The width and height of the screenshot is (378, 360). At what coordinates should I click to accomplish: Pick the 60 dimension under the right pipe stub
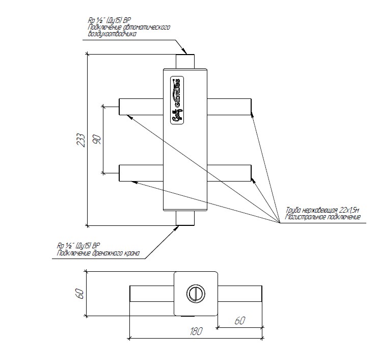tap(239, 321)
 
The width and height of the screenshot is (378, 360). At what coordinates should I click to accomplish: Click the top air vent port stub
tap(185, 61)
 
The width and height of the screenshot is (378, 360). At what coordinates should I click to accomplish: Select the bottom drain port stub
tap(185, 218)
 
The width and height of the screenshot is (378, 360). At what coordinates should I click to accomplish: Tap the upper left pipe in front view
tap(141, 106)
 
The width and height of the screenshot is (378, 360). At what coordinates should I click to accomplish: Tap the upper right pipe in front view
tap(230, 106)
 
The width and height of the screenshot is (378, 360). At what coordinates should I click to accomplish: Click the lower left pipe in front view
tap(141, 173)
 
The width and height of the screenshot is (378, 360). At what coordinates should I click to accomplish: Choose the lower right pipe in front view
tap(230, 173)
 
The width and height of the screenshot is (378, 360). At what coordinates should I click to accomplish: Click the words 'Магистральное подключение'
tap(323, 217)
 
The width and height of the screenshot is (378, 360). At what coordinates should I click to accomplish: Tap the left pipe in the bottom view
tap(152, 294)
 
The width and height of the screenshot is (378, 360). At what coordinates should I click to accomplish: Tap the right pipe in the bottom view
tap(240, 294)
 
